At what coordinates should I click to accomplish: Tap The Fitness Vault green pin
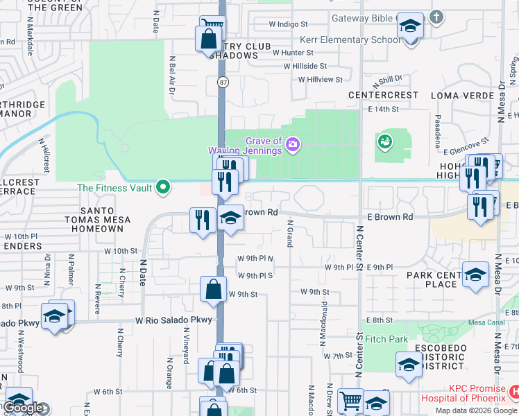tap(163, 187)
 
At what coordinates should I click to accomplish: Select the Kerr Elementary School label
tap(350, 40)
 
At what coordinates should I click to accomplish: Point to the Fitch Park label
tap(387, 339)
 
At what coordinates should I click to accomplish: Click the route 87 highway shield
tap(222, 82)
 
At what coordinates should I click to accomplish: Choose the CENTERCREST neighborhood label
tap(384, 94)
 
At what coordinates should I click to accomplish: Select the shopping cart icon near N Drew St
tap(350, 401)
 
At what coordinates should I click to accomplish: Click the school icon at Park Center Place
tap(475, 275)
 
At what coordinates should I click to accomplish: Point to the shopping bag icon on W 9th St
tap(214, 289)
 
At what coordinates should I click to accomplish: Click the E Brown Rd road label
tap(389, 217)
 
